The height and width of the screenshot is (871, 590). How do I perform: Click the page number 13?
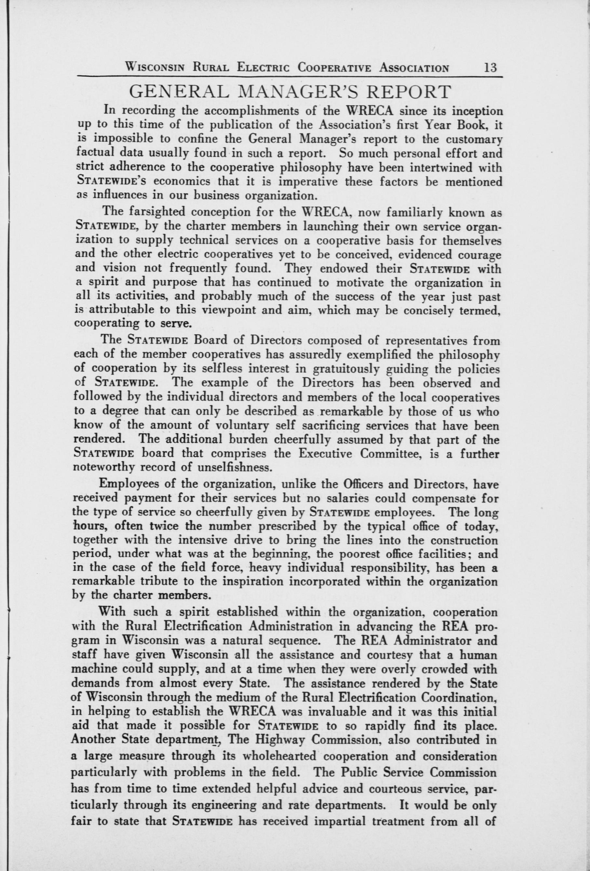[490, 68]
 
